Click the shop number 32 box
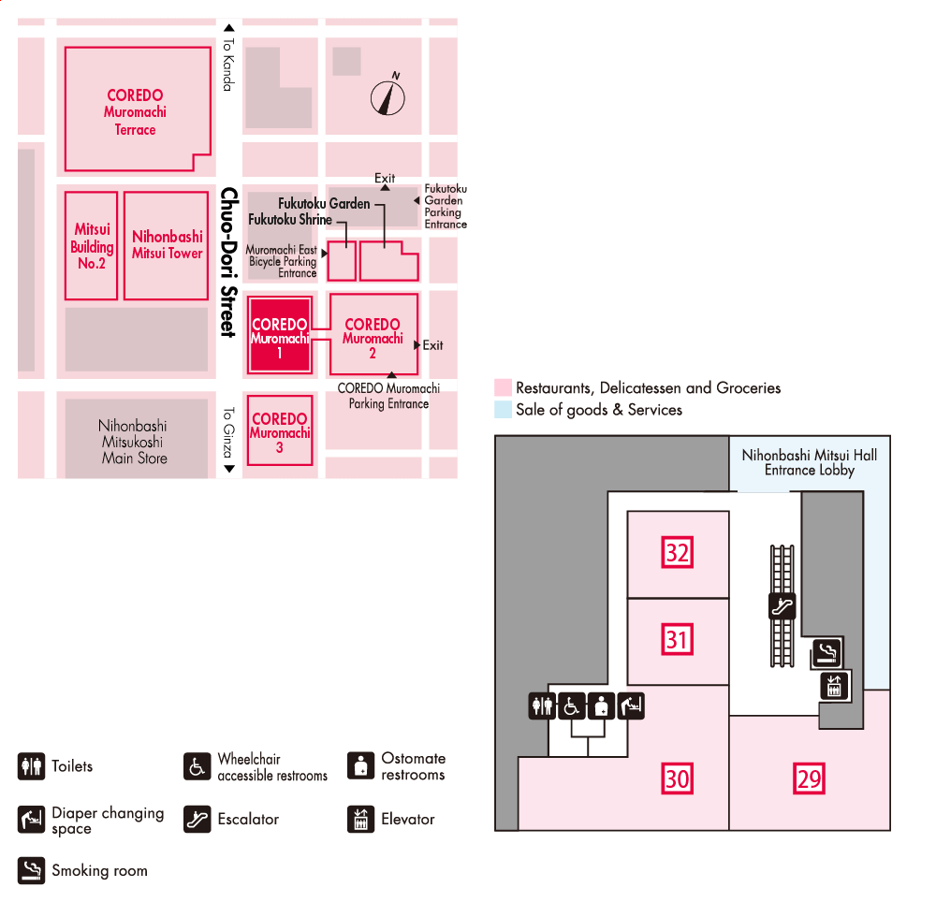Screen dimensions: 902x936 tap(677, 552)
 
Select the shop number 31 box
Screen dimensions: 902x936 tap(677, 640)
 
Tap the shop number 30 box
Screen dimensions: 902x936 tap(677, 778)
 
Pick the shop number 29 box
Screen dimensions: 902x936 tap(809, 778)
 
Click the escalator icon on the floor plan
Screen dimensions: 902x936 tap(782, 606)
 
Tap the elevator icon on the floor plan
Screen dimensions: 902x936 tap(833, 686)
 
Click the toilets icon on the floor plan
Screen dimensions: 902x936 tap(542, 706)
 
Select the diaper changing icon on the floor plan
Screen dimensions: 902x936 tap(632, 706)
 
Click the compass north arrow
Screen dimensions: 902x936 tap(388, 96)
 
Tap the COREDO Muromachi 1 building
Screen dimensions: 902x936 tap(280, 335)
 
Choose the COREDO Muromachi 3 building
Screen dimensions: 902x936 tap(279, 431)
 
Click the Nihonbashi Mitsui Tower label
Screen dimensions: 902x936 tap(167, 245)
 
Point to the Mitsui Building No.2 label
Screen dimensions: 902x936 tap(92, 246)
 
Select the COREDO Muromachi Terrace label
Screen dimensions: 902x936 tap(135, 112)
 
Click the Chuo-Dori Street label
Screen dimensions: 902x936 tap(227, 262)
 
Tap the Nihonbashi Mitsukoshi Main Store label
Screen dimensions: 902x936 tap(133, 442)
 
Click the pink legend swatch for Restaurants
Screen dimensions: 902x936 tap(504, 387)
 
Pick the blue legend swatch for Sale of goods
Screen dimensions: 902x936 tap(504, 410)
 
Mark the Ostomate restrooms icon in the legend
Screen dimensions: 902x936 tap(360, 765)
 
